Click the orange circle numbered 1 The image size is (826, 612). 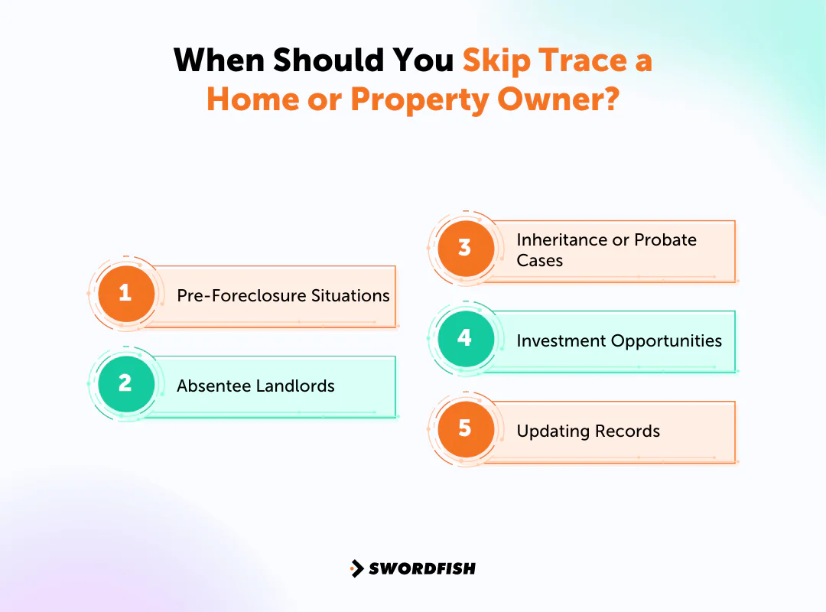point(125,293)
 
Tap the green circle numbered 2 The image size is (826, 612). point(125,382)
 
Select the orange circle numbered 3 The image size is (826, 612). point(465,248)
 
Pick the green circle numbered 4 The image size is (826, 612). point(465,338)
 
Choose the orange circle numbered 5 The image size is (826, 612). point(465,428)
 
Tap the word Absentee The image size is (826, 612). point(213,386)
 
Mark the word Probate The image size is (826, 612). point(664,240)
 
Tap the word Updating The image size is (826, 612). point(549,431)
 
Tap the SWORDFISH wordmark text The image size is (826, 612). point(422,568)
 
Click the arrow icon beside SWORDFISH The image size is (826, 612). point(356,568)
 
